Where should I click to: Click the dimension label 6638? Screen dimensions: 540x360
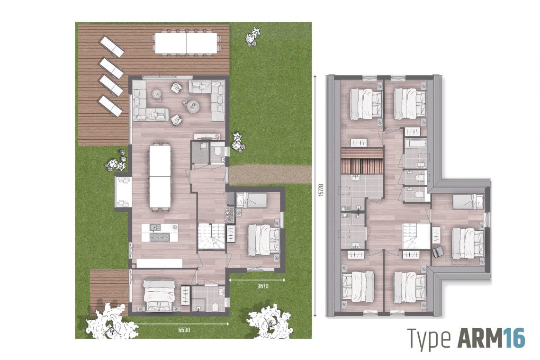pyautogui.click(x=184, y=330)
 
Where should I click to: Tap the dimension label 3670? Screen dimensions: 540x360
pyautogui.click(x=263, y=286)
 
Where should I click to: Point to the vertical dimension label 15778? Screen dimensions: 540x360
pyautogui.click(x=321, y=190)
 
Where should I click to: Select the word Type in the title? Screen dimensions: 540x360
pyautogui.click(x=429, y=339)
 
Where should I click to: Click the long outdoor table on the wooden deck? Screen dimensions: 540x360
pyautogui.click(x=186, y=43)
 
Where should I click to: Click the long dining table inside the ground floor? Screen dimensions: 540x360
pyautogui.click(x=160, y=176)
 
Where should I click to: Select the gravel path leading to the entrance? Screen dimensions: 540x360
pyautogui.click(x=270, y=174)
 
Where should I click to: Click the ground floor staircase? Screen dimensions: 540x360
pyautogui.click(x=211, y=235)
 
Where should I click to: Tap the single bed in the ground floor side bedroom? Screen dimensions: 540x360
pyautogui.click(x=252, y=200)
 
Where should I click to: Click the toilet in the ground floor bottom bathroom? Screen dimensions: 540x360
pyautogui.click(x=214, y=306)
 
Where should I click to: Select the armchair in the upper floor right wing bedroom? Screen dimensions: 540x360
pyautogui.click(x=438, y=252)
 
